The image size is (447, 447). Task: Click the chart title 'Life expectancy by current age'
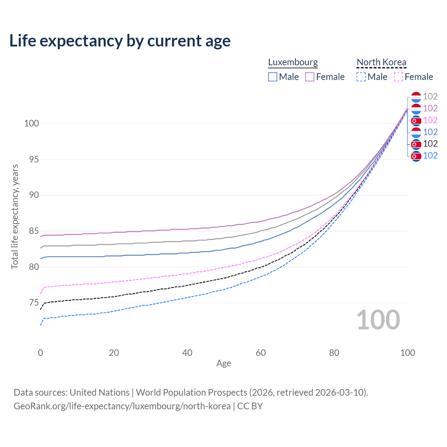coord(120,41)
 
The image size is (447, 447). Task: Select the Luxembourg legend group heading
coord(293,62)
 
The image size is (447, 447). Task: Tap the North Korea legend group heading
coord(381,62)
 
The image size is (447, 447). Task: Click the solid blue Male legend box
coord(273,77)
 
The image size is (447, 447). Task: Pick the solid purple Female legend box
coord(310,77)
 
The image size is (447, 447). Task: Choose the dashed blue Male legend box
coord(361,77)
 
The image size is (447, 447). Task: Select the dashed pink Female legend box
coord(398,77)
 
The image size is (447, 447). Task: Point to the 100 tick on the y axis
coord(31,123)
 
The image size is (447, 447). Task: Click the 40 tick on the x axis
coord(187,353)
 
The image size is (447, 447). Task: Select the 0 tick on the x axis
coord(41,353)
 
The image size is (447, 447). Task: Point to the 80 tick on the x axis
coord(334,353)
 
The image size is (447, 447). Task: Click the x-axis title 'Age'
coord(223,364)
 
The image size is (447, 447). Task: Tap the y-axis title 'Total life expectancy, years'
coord(15,217)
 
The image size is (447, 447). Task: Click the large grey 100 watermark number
coord(378,320)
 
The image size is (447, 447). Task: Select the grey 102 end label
coord(430,96)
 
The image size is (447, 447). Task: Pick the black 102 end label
coord(430,144)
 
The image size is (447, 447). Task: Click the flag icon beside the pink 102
coord(416,120)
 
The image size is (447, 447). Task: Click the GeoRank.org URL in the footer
coord(122,406)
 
